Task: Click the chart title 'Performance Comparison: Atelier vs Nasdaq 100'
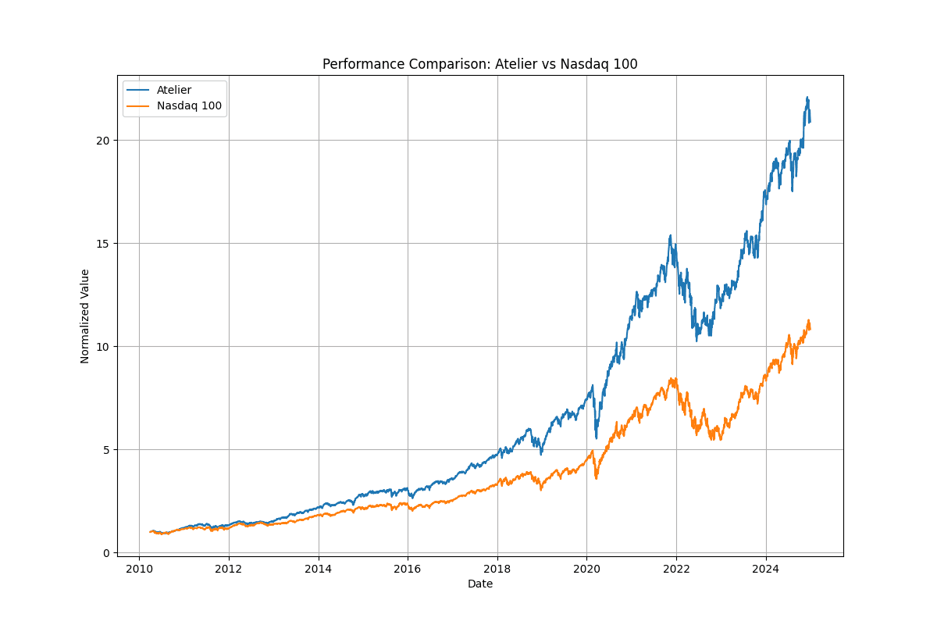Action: [479, 64]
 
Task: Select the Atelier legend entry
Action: [173, 90]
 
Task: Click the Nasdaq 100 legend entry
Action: [183, 105]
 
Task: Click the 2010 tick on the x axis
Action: [139, 569]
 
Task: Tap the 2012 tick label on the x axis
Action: [229, 569]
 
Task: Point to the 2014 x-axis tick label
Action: [319, 569]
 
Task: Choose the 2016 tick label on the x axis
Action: [408, 569]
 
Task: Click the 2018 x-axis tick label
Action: [497, 569]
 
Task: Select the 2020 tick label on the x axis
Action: [587, 569]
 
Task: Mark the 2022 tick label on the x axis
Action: [676, 569]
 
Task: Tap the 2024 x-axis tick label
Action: [766, 569]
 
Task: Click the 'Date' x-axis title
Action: [479, 584]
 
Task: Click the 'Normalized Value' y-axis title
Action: [85, 316]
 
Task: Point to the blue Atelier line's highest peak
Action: [807, 98]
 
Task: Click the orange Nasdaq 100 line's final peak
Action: [809, 320]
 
